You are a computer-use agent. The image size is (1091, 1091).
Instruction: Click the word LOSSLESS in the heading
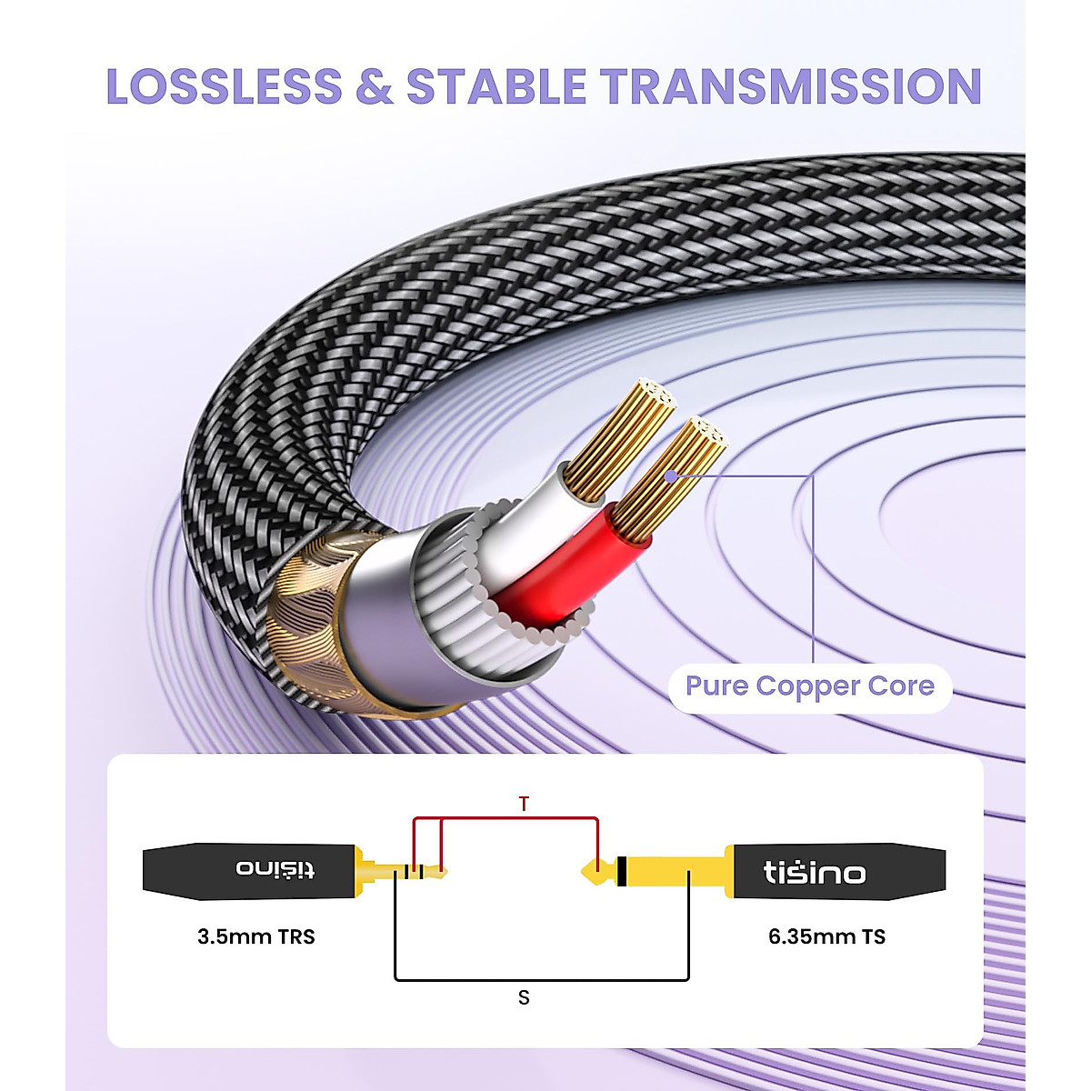tap(224, 86)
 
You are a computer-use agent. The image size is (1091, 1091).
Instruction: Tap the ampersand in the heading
tap(374, 86)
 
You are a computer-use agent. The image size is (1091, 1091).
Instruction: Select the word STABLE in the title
tap(495, 86)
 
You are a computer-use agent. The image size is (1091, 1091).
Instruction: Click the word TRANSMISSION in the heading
tap(790, 86)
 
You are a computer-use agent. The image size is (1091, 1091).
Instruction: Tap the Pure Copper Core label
tap(809, 686)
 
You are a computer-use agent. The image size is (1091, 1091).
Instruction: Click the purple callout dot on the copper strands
tap(670, 475)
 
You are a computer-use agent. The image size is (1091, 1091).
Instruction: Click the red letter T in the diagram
tap(524, 804)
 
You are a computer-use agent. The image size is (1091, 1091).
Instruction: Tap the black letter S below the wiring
tap(524, 997)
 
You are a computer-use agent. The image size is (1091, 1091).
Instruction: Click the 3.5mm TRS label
tap(255, 936)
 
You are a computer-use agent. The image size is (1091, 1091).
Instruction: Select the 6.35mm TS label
tap(826, 936)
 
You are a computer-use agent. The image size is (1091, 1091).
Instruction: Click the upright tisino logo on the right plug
tap(814, 873)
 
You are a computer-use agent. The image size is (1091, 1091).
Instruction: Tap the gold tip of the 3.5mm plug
tap(443, 873)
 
